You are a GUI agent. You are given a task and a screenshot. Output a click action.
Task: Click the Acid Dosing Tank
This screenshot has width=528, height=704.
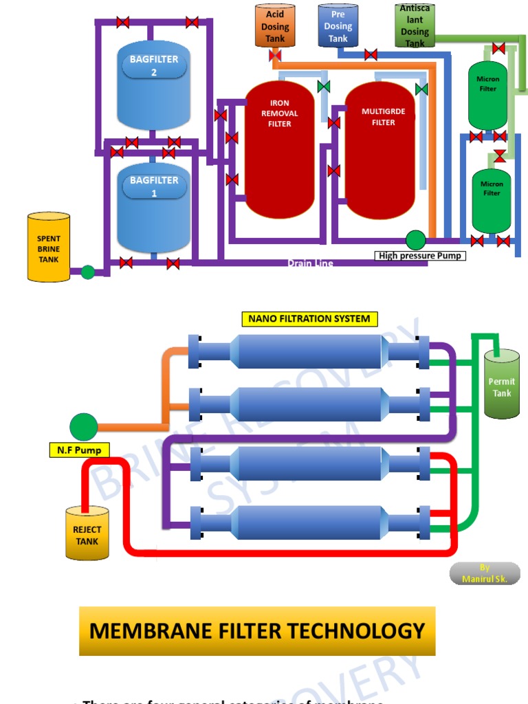pyautogui.click(x=275, y=25)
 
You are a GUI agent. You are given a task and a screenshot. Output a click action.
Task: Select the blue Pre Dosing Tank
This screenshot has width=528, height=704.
pyautogui.click(x=338, y=25)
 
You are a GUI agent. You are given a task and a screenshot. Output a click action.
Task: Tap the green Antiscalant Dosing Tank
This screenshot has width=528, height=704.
pyautogui.click(x=415, y=26)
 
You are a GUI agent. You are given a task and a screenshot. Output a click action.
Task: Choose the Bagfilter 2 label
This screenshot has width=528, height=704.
pyautogui.click(x=154, y=66)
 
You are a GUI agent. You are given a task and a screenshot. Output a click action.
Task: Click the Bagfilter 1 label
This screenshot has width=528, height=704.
pyautogui.click(x=154, y=186)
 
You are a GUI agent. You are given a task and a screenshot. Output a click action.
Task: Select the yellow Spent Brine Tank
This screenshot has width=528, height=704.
pyautogui.click(x=49, y=247)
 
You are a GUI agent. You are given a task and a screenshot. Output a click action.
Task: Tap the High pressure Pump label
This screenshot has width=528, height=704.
pyautogui.click(x=421, y=256)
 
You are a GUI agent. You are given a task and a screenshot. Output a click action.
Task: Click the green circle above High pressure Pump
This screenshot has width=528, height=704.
pyautogui.click(x=415, y=240)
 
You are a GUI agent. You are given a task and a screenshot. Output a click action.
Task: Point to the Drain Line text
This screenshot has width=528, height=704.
pyautogui.click(x=310, y=263)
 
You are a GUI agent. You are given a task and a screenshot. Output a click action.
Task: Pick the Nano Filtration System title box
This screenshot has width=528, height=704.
pyautogui.click(x=309, y=319)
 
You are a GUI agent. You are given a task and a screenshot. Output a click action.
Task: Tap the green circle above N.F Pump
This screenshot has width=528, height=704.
pyautogui.click(x=84, y=427)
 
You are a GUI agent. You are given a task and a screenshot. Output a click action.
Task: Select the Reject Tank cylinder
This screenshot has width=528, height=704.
pyautogui.click(x=87, y=533)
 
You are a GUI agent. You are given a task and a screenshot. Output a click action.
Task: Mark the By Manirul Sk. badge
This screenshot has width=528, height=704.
pyautogui.click(x=485, y=573)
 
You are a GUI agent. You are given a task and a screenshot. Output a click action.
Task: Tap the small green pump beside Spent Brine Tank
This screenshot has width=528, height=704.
pyautogui.click(x=87, y=272)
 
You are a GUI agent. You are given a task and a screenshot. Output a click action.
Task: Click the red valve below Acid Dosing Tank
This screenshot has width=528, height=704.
pyautogui.click(x=275, y=56)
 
